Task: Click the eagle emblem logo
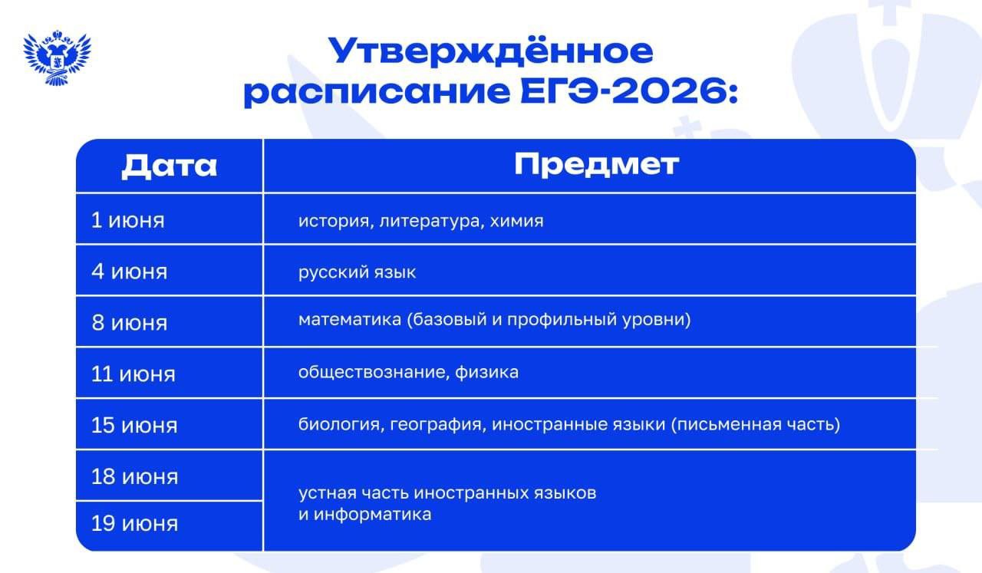tap(57, 58)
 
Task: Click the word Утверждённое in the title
tap(490, 51)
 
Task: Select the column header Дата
tap(170, 166)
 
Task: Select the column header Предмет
tap(596, 165)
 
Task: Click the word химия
tap(516, 221)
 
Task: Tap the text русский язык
tap(357, 272)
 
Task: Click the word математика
tap(350, 320)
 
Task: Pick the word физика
tap(486, 372)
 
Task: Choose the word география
tap(436, 425)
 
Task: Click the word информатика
tap(373, 515)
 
